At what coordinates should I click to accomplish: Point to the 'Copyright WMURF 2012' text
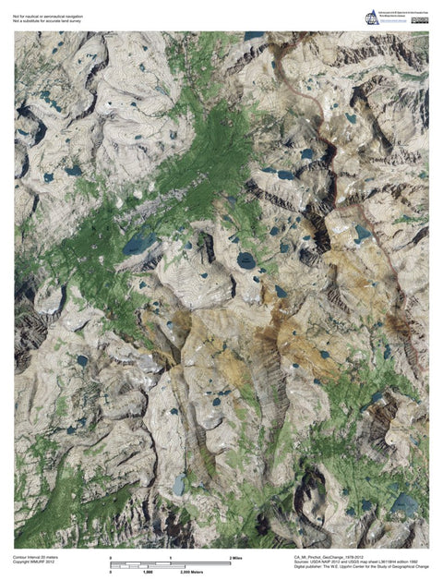coord(32,563)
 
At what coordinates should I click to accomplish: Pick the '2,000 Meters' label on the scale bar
coord(217,573)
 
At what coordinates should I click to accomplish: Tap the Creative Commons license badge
coord(422,15)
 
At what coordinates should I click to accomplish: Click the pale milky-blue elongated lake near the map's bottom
coord(178,483)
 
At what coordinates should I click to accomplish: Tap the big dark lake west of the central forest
coord(139,244)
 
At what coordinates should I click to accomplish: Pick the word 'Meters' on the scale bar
coord(222,573)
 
